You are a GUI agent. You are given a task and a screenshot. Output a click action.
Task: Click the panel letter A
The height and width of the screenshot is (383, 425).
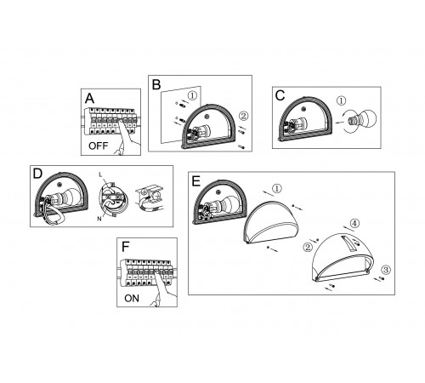[x=89, y=99]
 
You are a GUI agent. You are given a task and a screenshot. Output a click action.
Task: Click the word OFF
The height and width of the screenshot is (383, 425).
[x=98, y=146]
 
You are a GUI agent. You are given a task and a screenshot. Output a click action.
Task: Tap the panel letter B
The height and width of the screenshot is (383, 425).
[x=156, y=85]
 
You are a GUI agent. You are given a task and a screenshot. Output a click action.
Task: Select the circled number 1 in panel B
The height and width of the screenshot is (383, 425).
[x=192, y=95]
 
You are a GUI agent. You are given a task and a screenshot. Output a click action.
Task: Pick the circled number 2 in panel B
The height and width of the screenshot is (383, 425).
[x=244, y=116]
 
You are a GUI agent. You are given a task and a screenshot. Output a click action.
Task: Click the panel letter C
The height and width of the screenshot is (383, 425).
[x=280, y=95]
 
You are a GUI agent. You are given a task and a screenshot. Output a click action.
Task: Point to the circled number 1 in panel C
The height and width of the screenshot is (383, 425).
[x=342, y=100]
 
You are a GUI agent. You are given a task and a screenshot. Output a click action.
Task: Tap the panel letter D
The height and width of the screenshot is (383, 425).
[x=37, y=174]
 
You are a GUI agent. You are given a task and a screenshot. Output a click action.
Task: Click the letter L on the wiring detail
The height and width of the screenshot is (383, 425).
[x=100, y=175]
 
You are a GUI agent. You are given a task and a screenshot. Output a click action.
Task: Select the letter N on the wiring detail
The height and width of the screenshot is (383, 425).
[x=99, y=219]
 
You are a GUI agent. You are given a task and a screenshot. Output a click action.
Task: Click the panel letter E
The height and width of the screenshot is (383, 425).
[x=195, y=181]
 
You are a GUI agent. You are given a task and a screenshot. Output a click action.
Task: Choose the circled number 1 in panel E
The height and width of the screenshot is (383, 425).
[x=277, y=188]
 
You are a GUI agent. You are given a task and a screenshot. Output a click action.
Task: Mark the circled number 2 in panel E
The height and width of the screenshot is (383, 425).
[x=308, y=247]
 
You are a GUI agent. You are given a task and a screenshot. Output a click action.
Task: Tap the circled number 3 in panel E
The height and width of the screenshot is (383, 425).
[x=386, y=270]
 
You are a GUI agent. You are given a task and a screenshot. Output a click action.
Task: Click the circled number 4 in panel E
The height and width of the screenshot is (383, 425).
[x=354, y=223]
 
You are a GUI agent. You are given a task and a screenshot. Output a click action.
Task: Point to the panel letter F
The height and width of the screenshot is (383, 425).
[x=125, y=247]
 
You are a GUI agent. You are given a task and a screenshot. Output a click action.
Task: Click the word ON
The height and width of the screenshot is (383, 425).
[x=132, y=299]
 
